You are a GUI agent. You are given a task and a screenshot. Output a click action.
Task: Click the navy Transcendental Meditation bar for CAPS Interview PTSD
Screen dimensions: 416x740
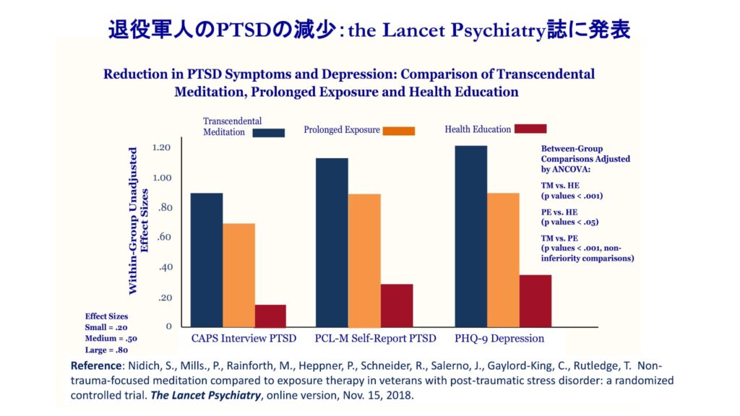pos(206,260)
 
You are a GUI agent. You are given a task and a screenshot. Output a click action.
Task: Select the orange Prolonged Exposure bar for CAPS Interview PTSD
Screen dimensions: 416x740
pos(238,275)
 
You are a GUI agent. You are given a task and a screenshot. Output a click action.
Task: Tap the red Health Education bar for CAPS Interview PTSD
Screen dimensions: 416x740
pos(270,316)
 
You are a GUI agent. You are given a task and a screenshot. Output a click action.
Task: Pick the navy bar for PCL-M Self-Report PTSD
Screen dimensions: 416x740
pos(332,243)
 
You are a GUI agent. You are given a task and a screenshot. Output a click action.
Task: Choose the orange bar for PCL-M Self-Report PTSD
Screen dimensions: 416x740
pos(364,261)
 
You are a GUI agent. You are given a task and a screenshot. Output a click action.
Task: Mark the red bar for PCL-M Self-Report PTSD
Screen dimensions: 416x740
pos(396,305)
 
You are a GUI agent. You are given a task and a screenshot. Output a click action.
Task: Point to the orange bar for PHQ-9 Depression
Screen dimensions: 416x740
pos(503,260)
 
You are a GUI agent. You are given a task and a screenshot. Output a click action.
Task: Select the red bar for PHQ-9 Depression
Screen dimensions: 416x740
pos(535,300)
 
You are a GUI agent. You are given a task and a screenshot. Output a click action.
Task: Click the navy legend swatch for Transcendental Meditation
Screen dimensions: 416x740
pos(269,132)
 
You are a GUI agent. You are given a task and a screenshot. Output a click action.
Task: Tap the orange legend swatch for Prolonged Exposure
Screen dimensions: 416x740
pos(399,131)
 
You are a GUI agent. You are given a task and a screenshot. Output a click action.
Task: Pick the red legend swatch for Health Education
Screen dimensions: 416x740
pos(530,129)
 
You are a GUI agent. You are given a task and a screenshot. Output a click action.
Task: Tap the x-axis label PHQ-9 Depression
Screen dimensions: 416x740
pos(499,338)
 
